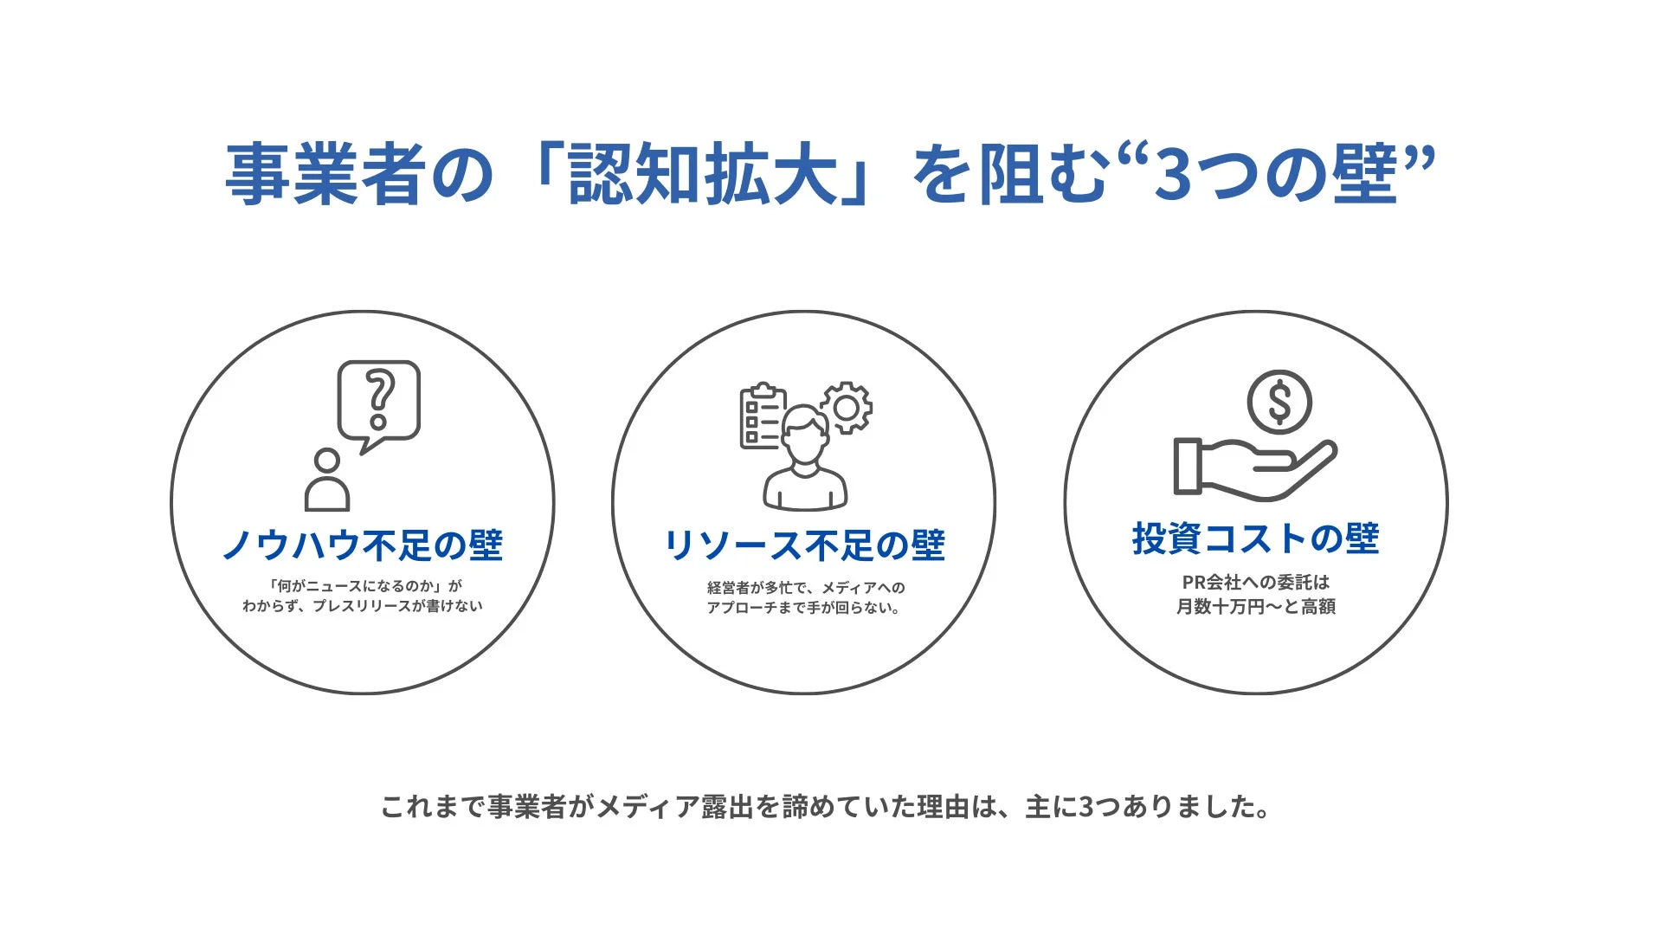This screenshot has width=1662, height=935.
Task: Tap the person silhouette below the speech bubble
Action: (x=327, y=481)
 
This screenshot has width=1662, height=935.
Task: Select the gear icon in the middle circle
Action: (x=847, y=408)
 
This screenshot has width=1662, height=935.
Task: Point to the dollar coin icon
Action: (x=1279, y=402)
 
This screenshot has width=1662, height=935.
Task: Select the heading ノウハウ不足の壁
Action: (x=363, y=545)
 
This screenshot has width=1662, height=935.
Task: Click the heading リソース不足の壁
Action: (x=804, y=545)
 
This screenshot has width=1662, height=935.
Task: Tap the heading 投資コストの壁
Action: (x=1255, y=538)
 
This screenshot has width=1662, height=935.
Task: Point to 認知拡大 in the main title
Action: (x=703, y=175)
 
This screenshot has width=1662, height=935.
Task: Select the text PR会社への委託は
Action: (x=1255, y=583)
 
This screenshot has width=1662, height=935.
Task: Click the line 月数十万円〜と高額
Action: (x=1255, y=607)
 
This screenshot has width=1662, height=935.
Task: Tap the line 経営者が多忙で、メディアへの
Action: (x=806, y=588)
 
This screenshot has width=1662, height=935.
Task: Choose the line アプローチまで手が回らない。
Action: (x=804, y=608)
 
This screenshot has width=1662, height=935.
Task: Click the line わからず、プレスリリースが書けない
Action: (x=363, y=606)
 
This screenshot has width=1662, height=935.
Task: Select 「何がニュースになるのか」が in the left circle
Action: (x=364, y=586)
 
